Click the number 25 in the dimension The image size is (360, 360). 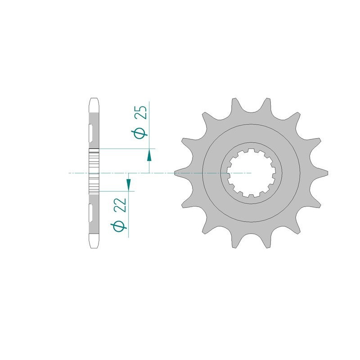coord(140,112)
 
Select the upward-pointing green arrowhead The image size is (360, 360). coord(149,156)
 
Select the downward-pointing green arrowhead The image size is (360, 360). coord(128,184)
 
